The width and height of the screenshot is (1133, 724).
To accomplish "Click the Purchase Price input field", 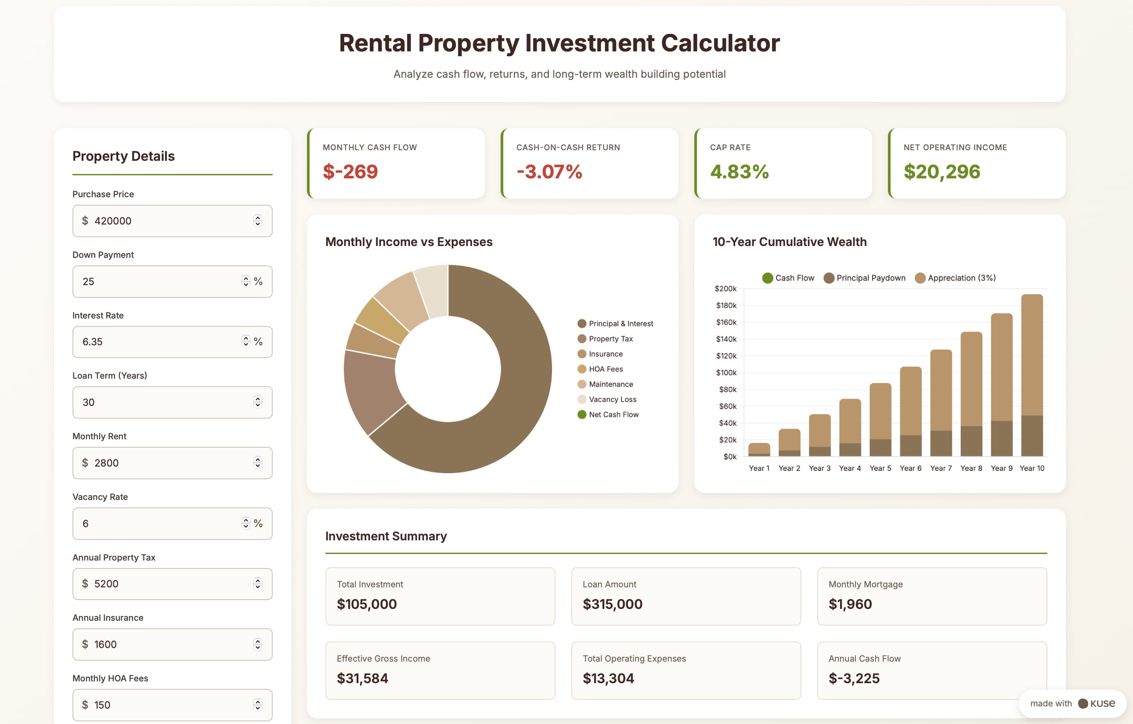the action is point(172,221).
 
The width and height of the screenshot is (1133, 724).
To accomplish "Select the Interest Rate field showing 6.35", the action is point(172,342).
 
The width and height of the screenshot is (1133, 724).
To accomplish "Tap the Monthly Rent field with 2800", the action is point(172,463).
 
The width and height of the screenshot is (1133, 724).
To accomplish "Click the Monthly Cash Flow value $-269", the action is point(350,171).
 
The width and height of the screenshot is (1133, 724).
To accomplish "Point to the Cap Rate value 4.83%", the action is point(739,171).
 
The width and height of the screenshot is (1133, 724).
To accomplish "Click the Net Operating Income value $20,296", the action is point(942,171).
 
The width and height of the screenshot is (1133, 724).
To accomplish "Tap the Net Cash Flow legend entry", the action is point(608,415).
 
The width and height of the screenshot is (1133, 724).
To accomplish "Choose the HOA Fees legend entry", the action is point(600,369).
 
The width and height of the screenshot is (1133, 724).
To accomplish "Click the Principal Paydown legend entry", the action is point(864,278).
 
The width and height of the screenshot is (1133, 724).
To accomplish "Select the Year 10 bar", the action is point(1032,375).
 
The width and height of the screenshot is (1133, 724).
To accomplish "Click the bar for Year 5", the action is point(880,420).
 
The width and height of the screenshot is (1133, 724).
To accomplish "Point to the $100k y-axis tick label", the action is point(726,373).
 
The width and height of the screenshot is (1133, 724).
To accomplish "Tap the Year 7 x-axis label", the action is point(941,468).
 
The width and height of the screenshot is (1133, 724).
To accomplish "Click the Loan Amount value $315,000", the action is point(612,604).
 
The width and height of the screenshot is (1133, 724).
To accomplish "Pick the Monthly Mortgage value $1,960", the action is point(850,604).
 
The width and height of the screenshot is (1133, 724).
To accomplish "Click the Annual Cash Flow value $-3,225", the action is point(854,678).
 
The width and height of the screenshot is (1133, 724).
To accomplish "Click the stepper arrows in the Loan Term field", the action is point(257,402).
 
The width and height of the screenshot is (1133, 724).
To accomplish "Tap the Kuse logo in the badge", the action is point(1097,703).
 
